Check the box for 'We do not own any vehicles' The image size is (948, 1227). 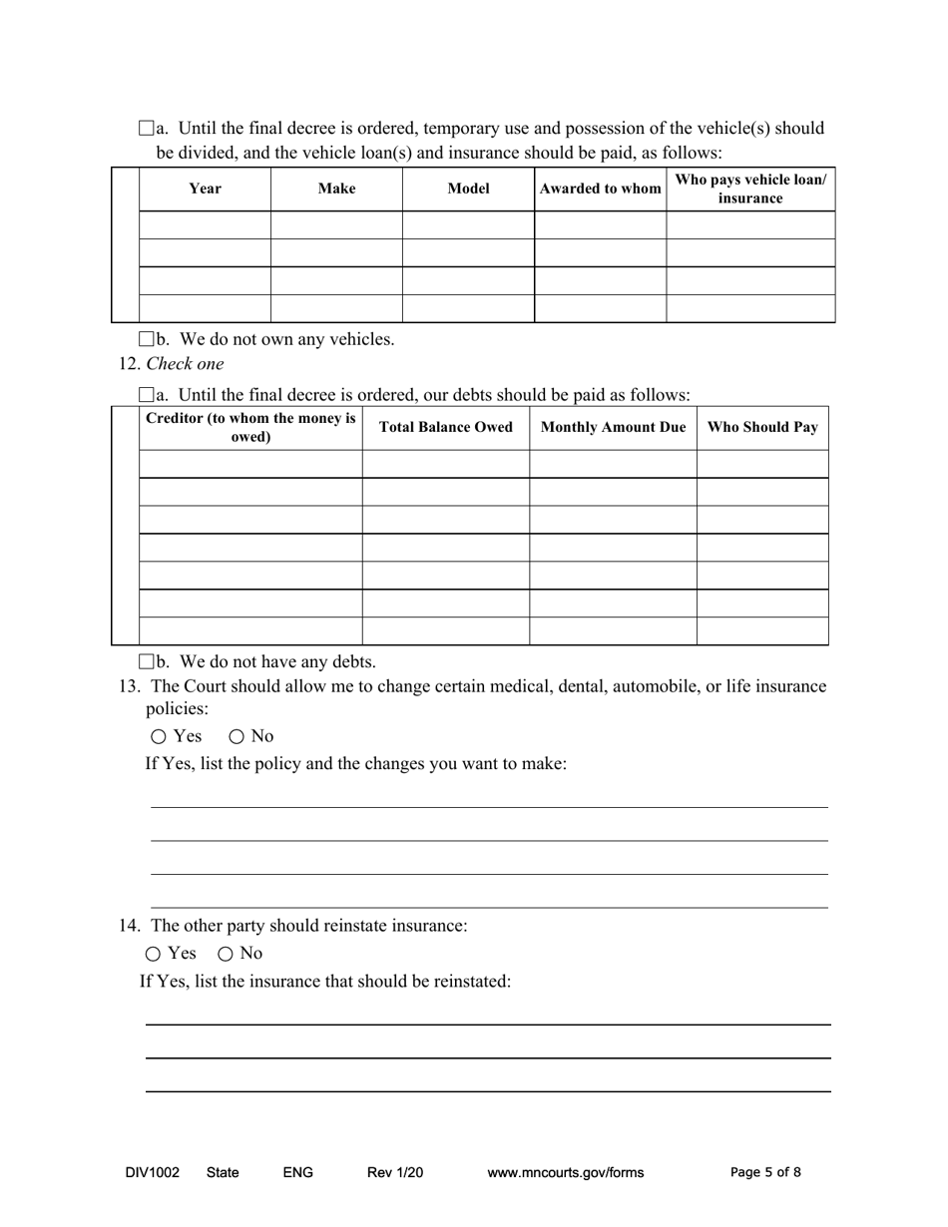tap(147, 339)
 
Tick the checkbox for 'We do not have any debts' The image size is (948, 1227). tap(147, 661)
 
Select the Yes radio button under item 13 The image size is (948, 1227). tap(159, 737)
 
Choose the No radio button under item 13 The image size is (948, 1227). tap(237, 737)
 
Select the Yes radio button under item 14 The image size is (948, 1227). tap(153, 954)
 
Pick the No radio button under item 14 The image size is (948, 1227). tap(226, 954)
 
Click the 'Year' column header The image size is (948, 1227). tap(205, 189)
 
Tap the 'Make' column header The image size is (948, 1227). tap(336, 189)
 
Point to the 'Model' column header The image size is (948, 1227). tap(468, 189)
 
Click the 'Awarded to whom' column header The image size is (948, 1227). tap(600, 189)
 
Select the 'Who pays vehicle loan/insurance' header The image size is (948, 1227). tap(750, 189)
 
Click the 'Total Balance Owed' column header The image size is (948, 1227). tap(445, 428)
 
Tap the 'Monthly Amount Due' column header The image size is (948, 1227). tap(613, 428)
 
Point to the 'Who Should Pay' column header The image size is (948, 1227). tap(762, 428)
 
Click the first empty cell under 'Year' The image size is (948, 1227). tap(205, 224)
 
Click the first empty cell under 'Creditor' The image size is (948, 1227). tap(250, 464)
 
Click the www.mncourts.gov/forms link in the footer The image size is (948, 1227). tap(565, 1172)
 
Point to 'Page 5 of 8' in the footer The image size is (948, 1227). tap(765, 1172)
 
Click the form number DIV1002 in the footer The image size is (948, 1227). tap(153, 1172)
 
